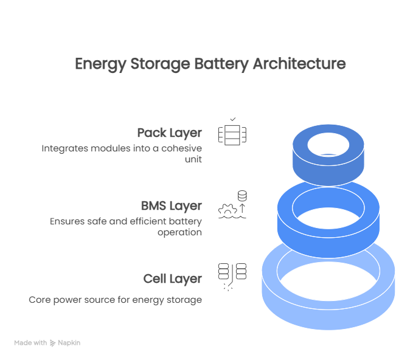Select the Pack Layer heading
pos(169,133)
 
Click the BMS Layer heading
pos(171,206)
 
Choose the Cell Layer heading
pos(173,279)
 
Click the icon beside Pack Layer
pos(232,133)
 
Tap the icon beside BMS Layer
pos(232,206)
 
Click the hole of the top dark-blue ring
pos(328,145)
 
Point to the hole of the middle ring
pos(328,207)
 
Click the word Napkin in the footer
pos(69,343)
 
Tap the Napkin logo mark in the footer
pos(54,343)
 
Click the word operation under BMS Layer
pos(180,232)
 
